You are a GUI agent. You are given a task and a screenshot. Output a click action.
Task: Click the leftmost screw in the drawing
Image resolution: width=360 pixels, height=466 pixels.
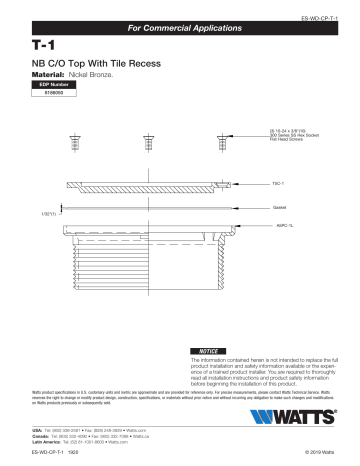75,138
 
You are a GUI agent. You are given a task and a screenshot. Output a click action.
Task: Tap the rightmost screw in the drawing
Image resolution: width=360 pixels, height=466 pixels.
217,138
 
